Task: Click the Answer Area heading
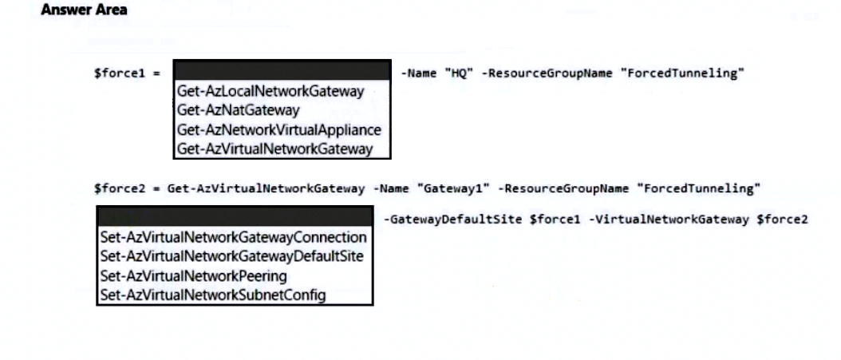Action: coord(84,10)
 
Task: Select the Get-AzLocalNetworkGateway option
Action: coord(270,91)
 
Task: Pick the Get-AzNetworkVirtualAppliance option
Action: coord(278,129)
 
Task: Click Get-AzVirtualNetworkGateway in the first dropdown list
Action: coord(274,148)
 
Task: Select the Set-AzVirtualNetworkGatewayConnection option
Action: coord(233,237)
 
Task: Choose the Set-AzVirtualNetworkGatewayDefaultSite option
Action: coord(231,256)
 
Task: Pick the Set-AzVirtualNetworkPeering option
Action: coord(193,275)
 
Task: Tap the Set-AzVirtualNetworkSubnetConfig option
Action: coord(212,295)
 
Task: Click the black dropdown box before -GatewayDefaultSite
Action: coord(235,217)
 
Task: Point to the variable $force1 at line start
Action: coord(117,73)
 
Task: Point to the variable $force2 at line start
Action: coord(117,189)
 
